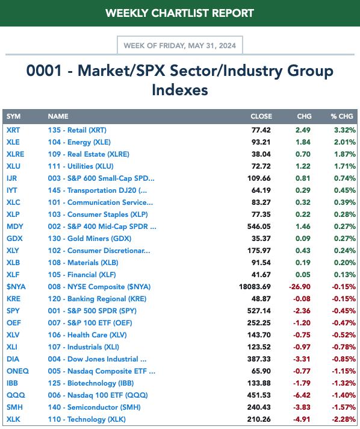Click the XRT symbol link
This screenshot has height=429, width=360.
(13, 130)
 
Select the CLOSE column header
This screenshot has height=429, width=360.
(261, 116)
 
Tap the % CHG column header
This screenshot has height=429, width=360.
(342, 116)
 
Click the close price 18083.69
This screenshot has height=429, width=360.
(255, 287)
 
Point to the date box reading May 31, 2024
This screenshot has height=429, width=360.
(179, 45)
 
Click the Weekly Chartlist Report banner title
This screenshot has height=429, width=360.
(179, 13)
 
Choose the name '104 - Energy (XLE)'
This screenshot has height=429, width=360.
(79, 142)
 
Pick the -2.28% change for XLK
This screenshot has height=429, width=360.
(344, 419)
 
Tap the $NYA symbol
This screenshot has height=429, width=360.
(16, 287)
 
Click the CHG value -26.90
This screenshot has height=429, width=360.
(300, 287)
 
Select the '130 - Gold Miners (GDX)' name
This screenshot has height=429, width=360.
(90, 239)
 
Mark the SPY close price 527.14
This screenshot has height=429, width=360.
(259, 311)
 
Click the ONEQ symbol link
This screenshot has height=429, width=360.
(18, 371)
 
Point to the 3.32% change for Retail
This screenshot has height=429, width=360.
(345, 130)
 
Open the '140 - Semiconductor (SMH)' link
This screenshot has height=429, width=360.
(95, 407)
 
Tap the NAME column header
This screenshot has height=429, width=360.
(58, 116)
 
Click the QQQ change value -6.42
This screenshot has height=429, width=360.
(302, 395)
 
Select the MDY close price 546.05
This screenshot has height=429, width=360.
(259, 227)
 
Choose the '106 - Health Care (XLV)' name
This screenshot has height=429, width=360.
(87, 335)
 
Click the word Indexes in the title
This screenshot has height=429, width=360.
(180, 90)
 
